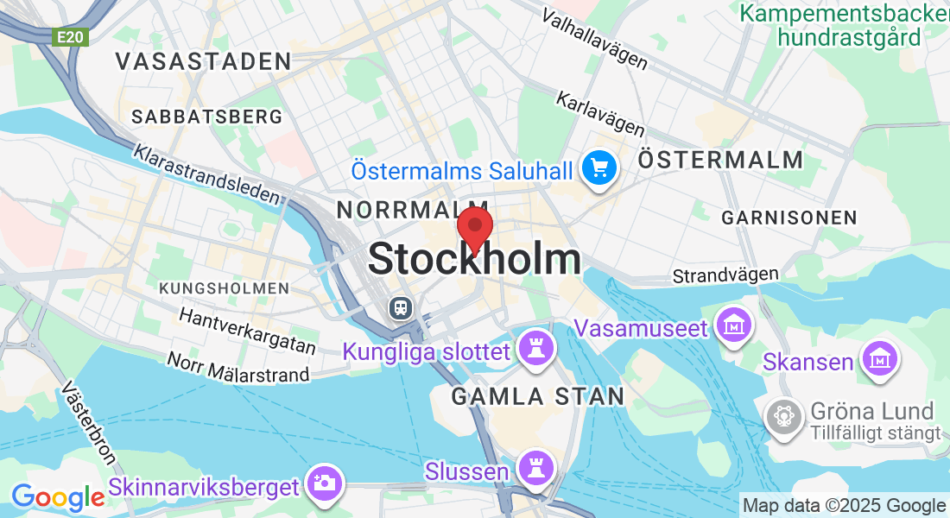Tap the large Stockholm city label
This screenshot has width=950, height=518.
tap(474, 259)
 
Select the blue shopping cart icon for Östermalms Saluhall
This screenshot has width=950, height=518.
tap(598, 167)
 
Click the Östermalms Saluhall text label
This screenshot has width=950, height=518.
tap(462, 170)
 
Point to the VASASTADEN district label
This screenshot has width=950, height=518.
tap(203, 61)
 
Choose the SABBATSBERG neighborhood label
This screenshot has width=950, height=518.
tap(207, 117)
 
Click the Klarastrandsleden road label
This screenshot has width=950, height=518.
tap(207, 174)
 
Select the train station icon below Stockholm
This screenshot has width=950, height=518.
tap(400, 306)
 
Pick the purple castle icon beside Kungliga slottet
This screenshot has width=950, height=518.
tap(535, 349)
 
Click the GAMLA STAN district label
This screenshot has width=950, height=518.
tap(537, 396)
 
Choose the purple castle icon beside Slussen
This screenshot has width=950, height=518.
tap(535, 469)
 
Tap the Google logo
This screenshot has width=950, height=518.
tap(58, 497)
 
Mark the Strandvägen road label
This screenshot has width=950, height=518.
tap(725, 275)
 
